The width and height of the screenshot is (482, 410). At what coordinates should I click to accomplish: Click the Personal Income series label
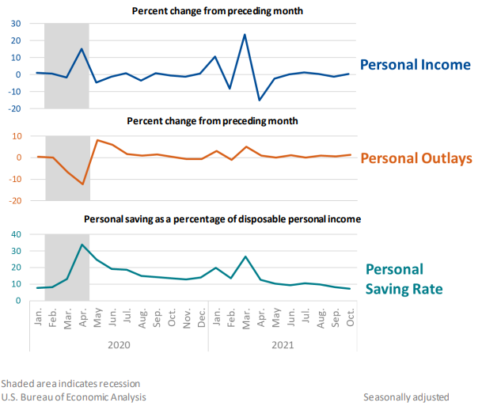[x=415, y=65]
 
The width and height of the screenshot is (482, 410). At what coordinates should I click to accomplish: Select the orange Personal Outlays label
[x=416, y=158]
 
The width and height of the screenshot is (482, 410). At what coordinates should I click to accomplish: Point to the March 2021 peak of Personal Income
[x=245, y=35]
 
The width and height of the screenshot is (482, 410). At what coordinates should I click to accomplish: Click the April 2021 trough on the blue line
[x=259, y=100]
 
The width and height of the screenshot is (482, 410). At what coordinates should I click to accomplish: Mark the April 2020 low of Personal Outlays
[x=82, y=184]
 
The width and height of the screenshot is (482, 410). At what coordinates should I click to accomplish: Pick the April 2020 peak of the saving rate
[x=82, y=245]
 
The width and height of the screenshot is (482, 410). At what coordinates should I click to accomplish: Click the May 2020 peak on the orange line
[x=97, y=140]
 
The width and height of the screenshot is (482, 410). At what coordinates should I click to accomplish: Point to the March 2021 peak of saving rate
[x=245, y=256]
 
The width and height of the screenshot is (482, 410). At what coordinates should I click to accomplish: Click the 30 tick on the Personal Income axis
[x=16, y=24]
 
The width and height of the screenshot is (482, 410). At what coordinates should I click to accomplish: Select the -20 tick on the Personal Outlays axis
[x=14, y=201]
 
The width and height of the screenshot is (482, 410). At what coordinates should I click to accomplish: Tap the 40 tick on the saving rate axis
[x=16, y=234]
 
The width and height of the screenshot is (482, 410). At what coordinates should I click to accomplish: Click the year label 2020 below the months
[x=119, y=345]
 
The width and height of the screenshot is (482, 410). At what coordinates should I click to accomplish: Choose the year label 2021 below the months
[x=283, y=345]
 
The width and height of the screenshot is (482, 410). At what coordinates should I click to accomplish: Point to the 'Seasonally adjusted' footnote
[x=406, y=397]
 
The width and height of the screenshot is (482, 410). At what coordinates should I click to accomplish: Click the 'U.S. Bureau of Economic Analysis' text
[x=74, y=397]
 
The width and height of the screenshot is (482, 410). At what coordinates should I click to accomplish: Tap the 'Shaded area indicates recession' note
[x=70, y=384]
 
